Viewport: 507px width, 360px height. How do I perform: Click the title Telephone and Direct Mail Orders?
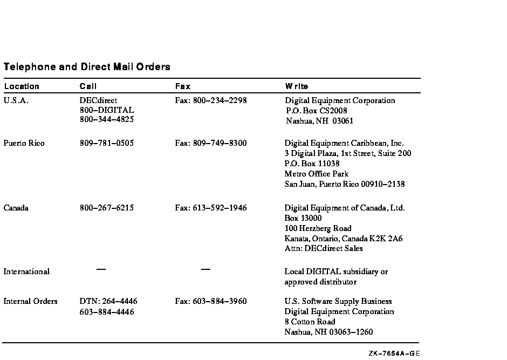(87, 67)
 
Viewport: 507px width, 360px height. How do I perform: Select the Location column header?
(22, 86)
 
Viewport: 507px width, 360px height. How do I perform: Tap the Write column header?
(297, 86)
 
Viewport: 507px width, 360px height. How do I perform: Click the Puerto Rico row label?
(24, 144)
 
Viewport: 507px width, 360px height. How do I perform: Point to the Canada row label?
(16, 208)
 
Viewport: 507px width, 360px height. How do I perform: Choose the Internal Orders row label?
(30, 302)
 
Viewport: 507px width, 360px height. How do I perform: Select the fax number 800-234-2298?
(211, 100)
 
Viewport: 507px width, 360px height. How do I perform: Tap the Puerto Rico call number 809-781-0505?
(107, 144)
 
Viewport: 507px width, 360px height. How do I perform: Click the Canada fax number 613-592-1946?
(211, 208)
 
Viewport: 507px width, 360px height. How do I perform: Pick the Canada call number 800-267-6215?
(107, 208)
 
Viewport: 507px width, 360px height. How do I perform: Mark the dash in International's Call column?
(101, 269)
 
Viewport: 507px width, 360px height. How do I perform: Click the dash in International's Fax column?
(205, 269)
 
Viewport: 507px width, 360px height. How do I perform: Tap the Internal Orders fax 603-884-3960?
(211, 302)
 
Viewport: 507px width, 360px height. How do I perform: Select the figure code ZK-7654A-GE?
(394, 354)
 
